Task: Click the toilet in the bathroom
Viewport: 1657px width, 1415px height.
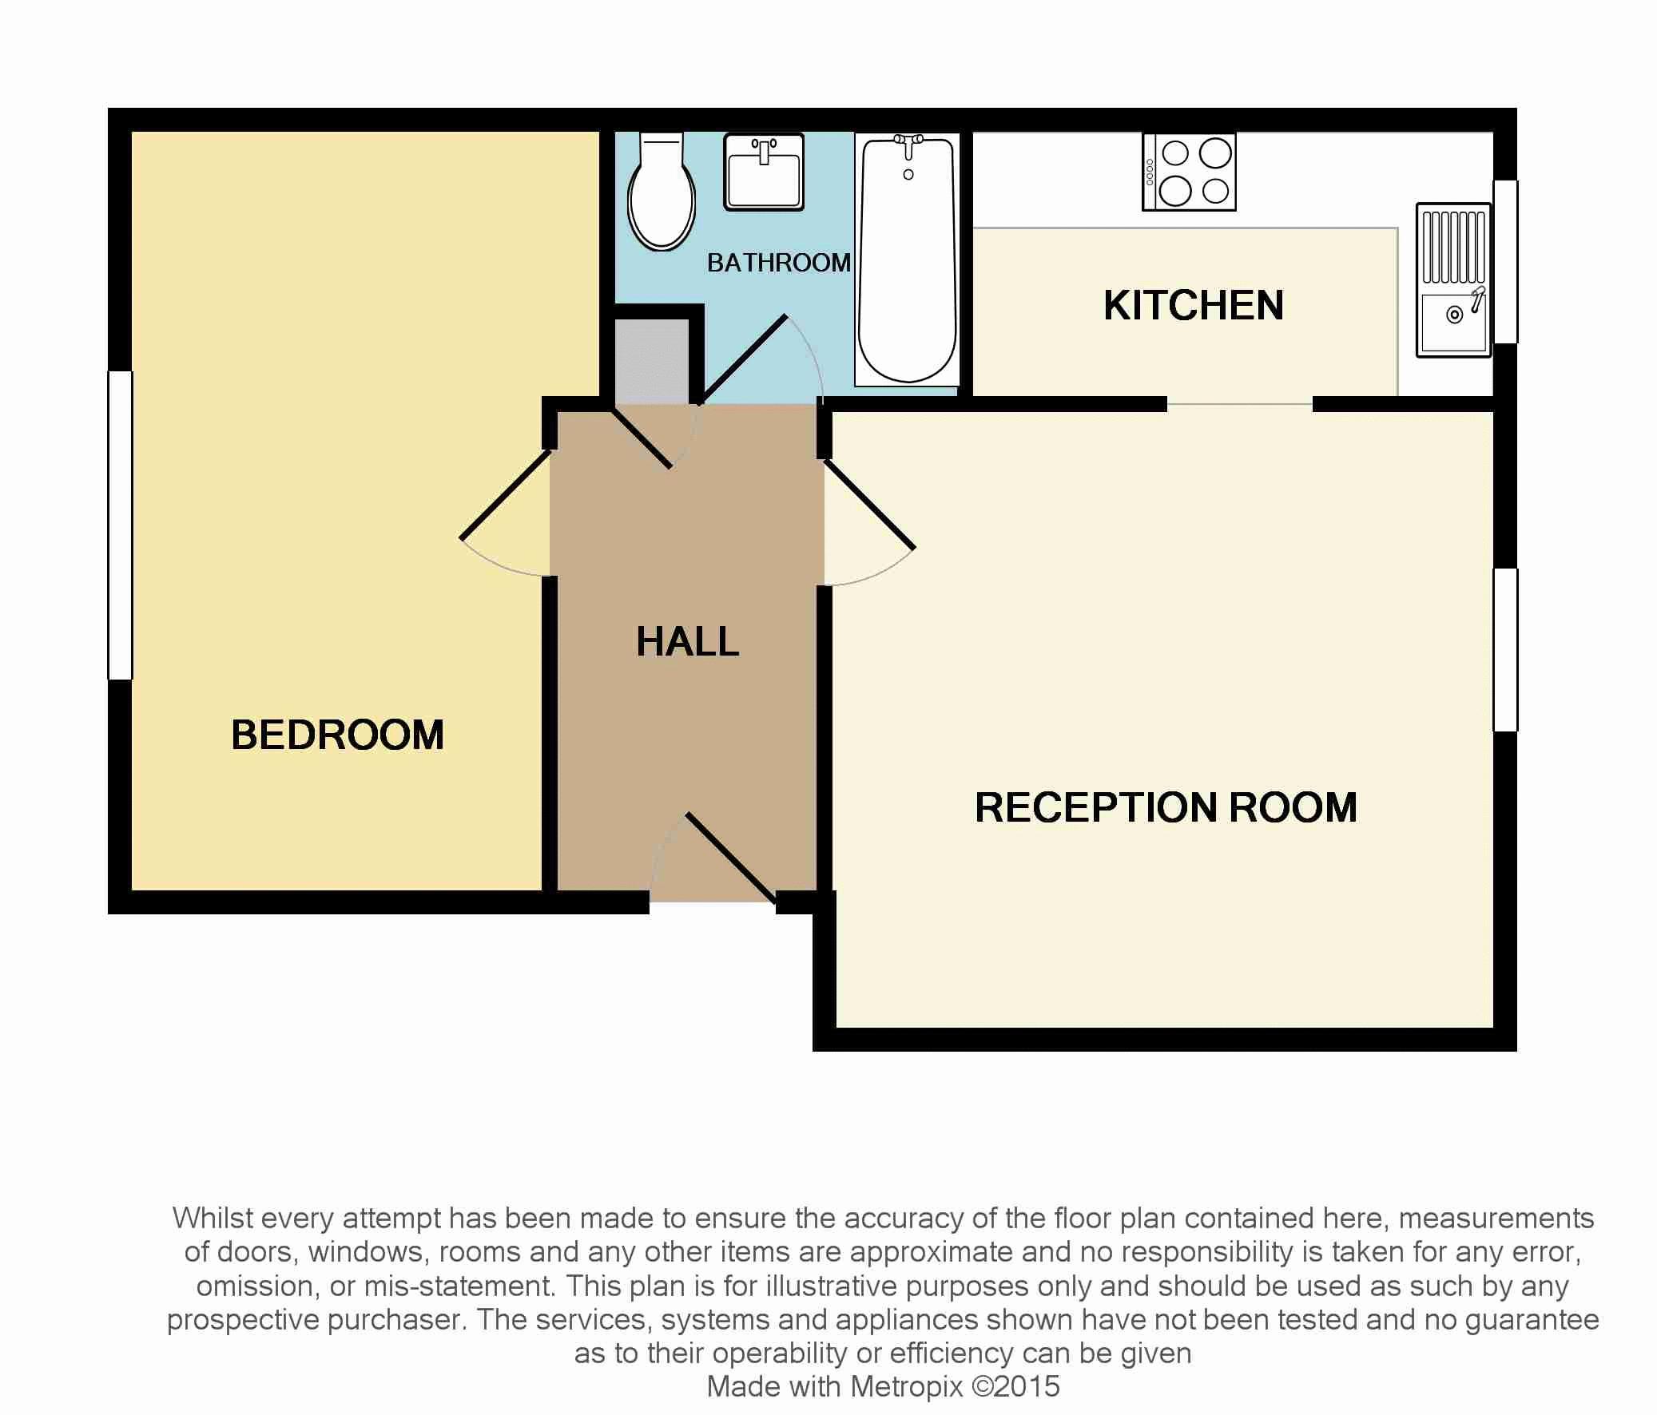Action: point(661,196)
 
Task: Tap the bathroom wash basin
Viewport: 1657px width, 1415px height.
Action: point(763,172)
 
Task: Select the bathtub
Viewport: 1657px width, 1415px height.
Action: point(907,260)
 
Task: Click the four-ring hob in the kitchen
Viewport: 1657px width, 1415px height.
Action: point(1189,172)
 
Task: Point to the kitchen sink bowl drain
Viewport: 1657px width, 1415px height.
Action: point(1455,315)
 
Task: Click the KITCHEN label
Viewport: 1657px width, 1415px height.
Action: point(1193,305)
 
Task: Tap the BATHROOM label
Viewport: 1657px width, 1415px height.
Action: point(778,262)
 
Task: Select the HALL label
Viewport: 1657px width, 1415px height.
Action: point(687,641)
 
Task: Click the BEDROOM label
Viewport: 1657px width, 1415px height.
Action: point(337,735)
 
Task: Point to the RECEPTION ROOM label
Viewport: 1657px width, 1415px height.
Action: point(1165,807)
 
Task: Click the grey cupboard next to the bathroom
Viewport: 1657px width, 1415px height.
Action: point(652,362)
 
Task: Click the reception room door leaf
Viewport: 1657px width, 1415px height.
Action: point(869,505)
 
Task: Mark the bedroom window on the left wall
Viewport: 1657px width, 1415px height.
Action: point(120,525)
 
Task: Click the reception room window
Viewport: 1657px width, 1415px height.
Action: point(1505,649)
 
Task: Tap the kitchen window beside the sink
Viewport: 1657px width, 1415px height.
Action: point(1505,262)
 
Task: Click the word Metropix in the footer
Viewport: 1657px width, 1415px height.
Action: point(906,1385)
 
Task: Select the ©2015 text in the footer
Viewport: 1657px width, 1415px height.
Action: point(1015,1385)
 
